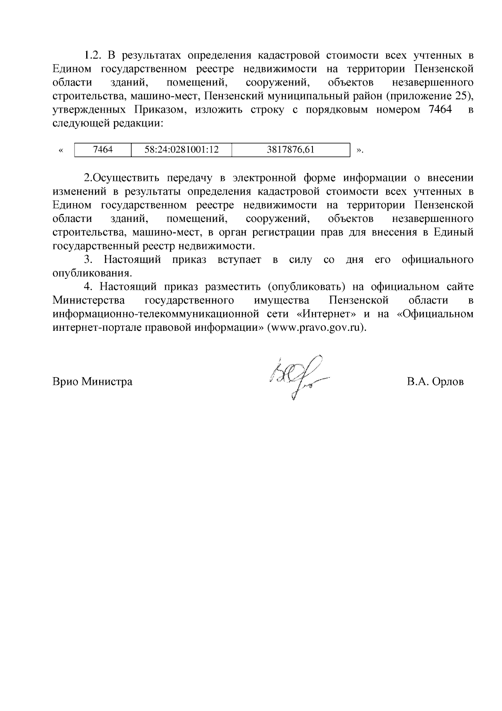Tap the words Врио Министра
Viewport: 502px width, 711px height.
tap(92, 382)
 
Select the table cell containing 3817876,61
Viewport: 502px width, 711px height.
tap(290, 149)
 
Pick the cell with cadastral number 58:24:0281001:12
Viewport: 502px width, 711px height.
tap(182, 149)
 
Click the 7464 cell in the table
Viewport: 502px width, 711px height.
tap(102, 149)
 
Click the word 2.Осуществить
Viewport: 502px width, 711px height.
tap(122, 178)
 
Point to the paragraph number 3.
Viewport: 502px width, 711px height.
tap(88, 260)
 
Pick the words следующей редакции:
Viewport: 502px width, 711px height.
tap(108, 124)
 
